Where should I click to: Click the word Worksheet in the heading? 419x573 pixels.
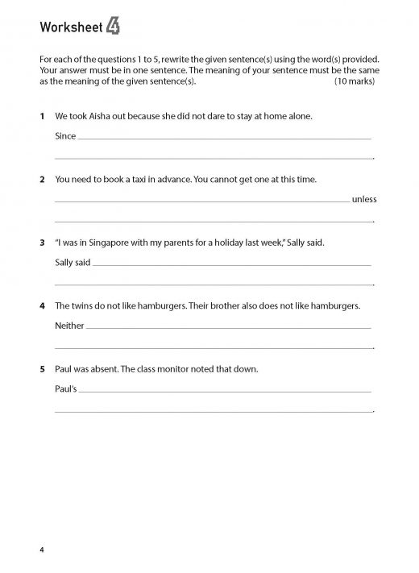tap(70, 30)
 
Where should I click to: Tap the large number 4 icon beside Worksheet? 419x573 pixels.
tap(114, 29)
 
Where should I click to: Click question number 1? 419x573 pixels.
tap(42, 116)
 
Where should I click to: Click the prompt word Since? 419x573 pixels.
tap(65, 136)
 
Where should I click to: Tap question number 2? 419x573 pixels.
tap(42, 179)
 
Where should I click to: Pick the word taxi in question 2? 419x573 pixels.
tap(139, 179)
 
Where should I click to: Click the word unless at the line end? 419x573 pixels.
tap(364, 199)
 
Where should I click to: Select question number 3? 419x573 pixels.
tap(42, 242)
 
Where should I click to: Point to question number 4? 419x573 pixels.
tap(42, 305)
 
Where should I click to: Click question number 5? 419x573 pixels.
tap(42, 368)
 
